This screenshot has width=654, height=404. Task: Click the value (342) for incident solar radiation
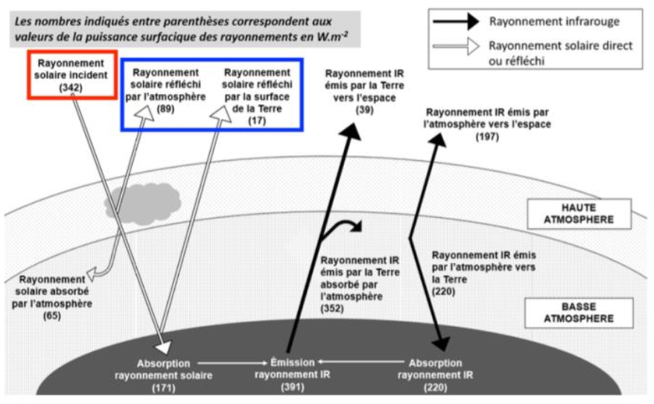[x=72, y=87]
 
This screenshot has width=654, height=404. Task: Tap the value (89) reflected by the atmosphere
[x=165, y=109]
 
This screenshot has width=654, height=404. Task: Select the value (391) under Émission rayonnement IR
[x=293, y=388]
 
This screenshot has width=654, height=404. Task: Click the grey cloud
[x=143, y=200]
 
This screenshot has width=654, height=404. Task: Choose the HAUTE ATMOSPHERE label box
[x=578, y=213]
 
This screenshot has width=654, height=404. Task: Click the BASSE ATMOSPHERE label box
[x=578, y=312]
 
